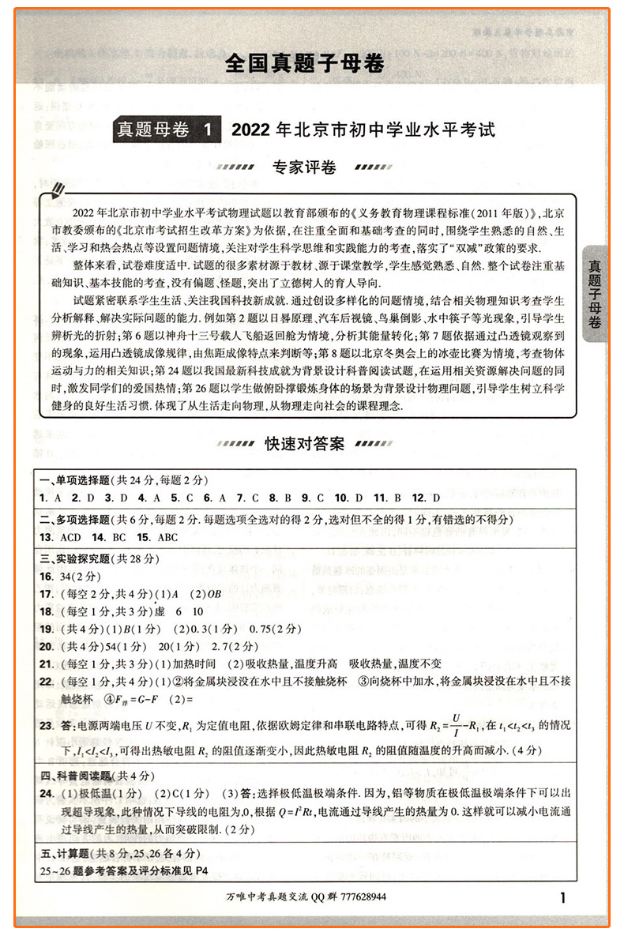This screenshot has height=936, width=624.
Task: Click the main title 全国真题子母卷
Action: tap(304, 63)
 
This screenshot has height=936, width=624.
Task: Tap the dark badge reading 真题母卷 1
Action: tap(167, 129)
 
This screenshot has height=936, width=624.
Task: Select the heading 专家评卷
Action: tap(304, 167)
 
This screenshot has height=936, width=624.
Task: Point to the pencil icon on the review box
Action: tap(56, 190)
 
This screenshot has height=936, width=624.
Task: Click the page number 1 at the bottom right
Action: tap(562, 897)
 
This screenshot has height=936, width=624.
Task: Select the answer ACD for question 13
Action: tap(70, 538)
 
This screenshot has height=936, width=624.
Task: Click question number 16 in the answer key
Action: tap(45, 577)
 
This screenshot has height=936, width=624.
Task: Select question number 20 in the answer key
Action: tap(45, 645)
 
